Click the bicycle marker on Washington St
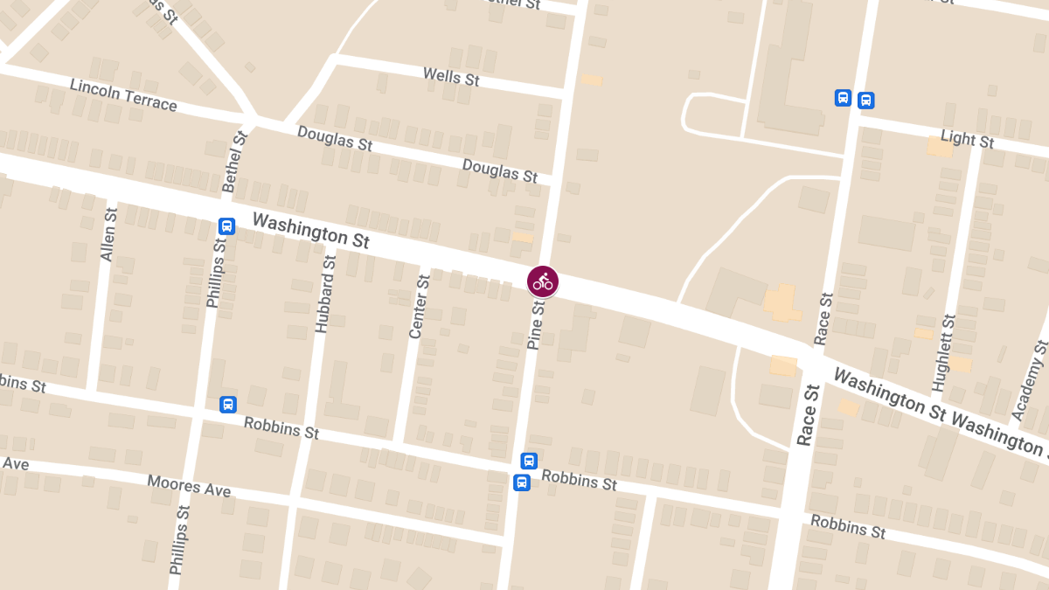click(543, 281)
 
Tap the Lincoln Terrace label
click(123, 95)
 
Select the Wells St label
click(451, 77)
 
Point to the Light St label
click(967, 138)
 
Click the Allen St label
click(108, 235)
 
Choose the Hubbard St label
click(324, 295)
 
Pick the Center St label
click(420, 307)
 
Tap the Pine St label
click(536, 323)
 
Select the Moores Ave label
click(189, 486)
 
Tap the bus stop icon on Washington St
click(226, 226)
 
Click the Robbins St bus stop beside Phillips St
click(228, 404)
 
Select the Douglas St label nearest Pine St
click(500, 170)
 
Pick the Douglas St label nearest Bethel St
click(335, 138)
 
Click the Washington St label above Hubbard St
click(311, 230)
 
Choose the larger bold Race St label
click(807, 414)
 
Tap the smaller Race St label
click(823, 318)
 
